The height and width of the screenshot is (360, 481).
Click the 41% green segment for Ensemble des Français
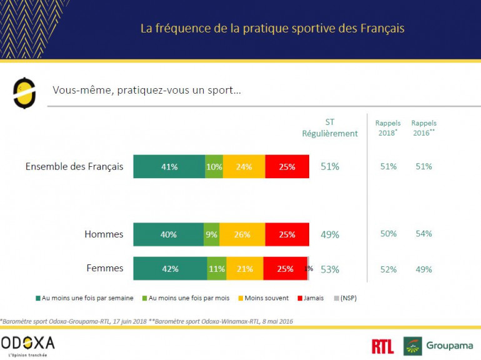(169, 167)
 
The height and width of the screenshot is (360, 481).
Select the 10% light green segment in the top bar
(214, 167)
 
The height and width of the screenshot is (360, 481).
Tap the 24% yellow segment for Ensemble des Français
(244, 167)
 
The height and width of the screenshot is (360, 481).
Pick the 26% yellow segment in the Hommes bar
(242, 234)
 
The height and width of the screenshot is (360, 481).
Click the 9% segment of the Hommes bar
(211, 234)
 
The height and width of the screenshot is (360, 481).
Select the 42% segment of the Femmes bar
(170, 269)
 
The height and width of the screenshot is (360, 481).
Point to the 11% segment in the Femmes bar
(217, 269)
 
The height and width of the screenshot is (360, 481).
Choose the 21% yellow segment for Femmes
(245, 269)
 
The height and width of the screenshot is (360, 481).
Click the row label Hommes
(104, 234)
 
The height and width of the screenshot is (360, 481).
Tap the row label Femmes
(104, 269)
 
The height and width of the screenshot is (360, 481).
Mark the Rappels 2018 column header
(388, 128)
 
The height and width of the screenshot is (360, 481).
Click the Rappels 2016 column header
(424, 128)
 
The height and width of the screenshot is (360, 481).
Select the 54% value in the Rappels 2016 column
(424, 234)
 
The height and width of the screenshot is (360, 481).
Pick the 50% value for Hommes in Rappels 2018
(388, 234)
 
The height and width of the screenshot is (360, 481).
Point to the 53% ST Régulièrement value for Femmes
(330, 269)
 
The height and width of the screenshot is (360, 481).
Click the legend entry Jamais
(312, 298)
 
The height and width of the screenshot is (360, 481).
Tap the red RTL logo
(382, 346)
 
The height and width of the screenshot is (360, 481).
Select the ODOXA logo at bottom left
(27, 344)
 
